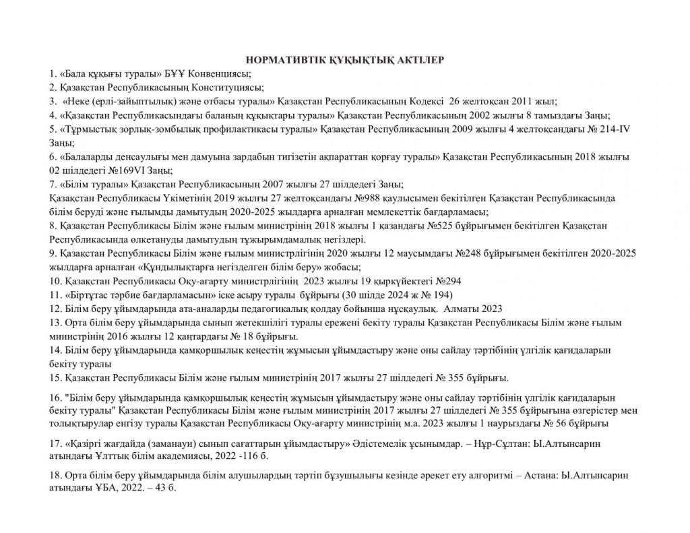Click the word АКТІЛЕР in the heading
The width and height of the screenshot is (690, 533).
417,61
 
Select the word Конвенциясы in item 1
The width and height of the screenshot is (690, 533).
216,73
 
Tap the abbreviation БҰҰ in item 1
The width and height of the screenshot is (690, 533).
172,73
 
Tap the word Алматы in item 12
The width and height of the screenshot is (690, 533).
444,308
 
